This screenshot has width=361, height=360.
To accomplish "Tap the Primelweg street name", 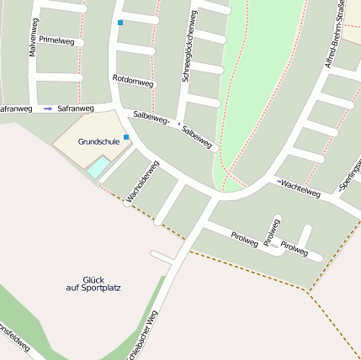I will click(x=56, y=40).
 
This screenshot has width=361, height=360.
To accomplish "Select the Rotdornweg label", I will click(x=133, y=82).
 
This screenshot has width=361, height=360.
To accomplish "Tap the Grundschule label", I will click(x=98, y=141).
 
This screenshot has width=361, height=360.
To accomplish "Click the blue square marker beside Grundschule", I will click(x=126, y=136).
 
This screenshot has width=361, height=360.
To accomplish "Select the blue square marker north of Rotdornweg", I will click(x=120, y=22).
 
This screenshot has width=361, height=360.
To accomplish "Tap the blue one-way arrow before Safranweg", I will click(x=48, y=109).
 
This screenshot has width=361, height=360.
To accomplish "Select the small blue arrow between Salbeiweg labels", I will click(x=178, y=124).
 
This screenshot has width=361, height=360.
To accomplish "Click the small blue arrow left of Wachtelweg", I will click(x=278, y=181).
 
